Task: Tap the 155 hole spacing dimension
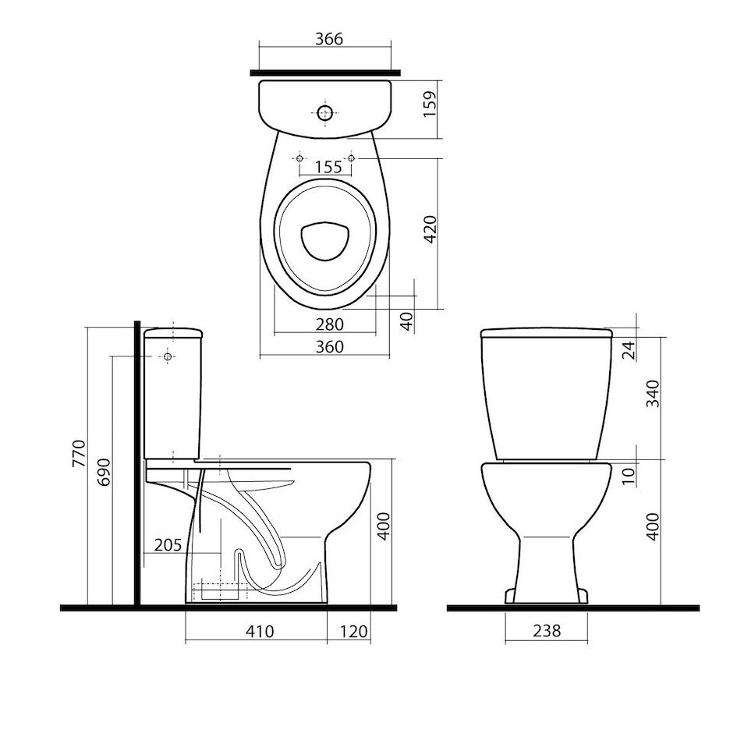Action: (x=324, y=166)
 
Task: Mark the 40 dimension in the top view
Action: (x=406, y=321)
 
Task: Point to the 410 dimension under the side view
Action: (x=259, y=632)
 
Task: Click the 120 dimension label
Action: (x=353, y=632)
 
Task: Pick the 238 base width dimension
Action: (x=545, y=632)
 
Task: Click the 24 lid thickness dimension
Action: (x=630, y=350)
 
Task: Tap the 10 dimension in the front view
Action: (x=630, y=471)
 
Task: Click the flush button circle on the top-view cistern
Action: (x=326, y=113)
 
